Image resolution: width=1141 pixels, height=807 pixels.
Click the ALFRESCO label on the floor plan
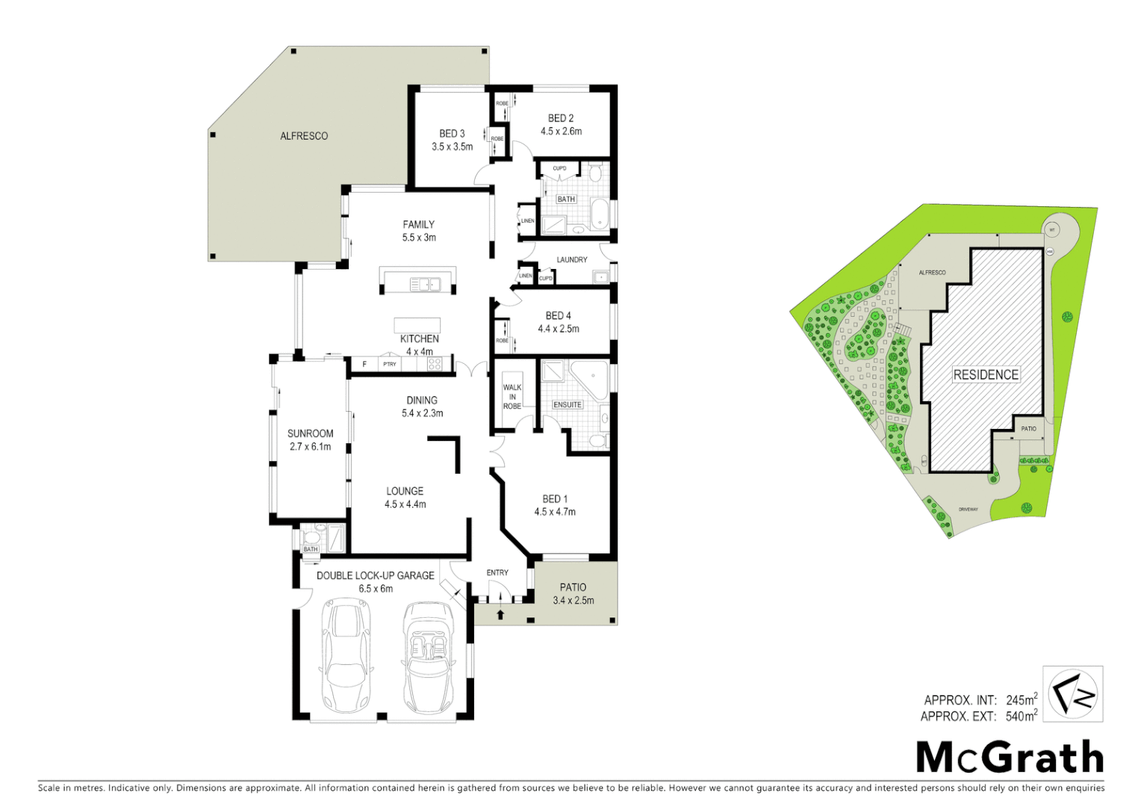click(x=304, y=136)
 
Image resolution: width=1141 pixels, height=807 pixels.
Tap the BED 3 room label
click(x=452, y=134)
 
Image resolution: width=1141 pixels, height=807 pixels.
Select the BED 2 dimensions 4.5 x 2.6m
click(x=561, y=132)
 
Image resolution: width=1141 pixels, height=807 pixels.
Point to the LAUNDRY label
click(x=572, y=260)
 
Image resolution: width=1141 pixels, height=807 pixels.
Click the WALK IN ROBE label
click(x=512, y=397)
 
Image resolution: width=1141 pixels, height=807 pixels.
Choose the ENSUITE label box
click(x=568, y=405)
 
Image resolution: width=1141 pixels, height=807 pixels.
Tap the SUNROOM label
click(x=310, y=433)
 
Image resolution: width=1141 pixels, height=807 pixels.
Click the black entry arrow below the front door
click(x=500, y=614)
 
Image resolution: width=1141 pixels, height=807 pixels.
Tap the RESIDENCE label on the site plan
click(x=986, y=375)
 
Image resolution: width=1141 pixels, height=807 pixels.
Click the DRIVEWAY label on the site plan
click(x=969, y=510)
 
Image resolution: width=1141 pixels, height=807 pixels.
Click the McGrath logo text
click(x=1010, y=758)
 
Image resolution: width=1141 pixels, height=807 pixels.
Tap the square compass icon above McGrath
click(x=1072, y=694)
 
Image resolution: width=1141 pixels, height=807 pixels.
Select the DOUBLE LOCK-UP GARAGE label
click(x=375, y=575)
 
